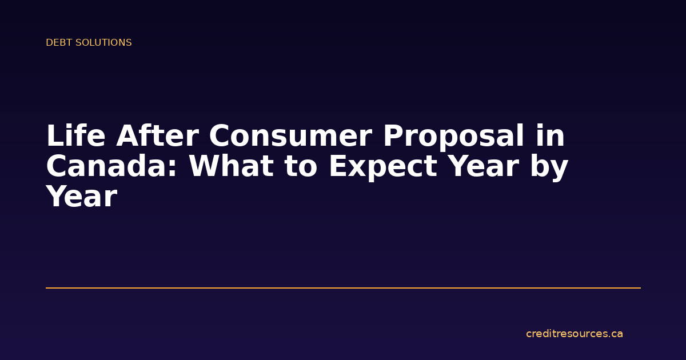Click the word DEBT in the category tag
(57, 43)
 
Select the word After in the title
(157, 137)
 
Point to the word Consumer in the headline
(290, 137)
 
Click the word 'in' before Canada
(551, 137)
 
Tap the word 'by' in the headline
(551, 167)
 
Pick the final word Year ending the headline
(81, 197)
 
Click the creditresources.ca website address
(574, 334)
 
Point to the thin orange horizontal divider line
(343, 288)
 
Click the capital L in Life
(54, 137)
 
